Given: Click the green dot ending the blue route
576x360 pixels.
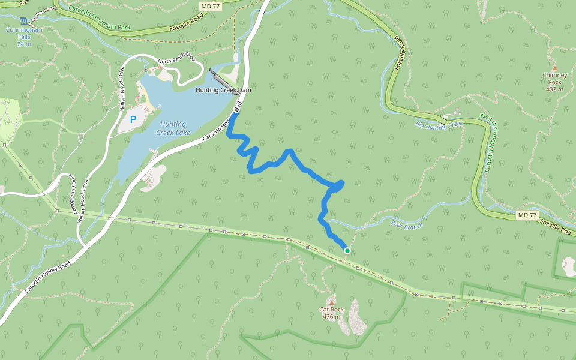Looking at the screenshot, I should [347, 250].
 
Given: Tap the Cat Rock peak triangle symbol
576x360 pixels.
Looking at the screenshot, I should [331, 301].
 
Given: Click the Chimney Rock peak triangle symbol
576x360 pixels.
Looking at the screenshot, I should [554, 68].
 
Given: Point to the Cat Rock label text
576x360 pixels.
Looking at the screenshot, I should [332, 313].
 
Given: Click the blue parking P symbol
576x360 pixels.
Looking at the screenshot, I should [133, 119].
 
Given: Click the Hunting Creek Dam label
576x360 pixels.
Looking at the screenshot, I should [223, 90].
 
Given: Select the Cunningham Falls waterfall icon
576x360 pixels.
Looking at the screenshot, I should [23, 20].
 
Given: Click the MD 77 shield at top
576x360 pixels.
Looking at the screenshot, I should [208, 5].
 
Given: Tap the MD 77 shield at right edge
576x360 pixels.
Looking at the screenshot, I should [527, 215].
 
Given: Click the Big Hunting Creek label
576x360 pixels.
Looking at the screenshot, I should [439, 124].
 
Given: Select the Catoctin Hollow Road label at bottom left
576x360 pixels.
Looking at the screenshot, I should [48, 277].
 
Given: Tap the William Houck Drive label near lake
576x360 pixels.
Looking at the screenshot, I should [122, 88].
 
